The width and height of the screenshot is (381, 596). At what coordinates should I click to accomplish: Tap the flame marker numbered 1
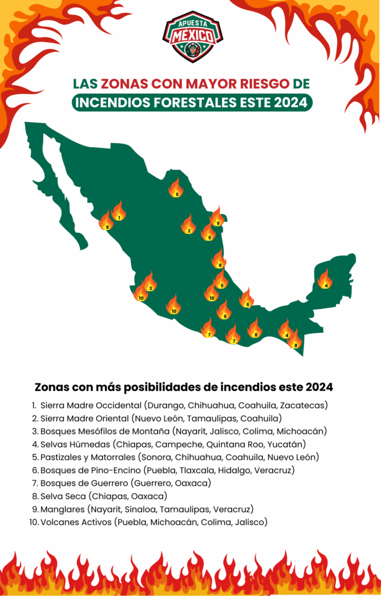pyautogui.click(x=119, y=212)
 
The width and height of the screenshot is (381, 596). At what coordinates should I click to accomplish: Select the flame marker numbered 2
pyautogui.click(x=188, y=225)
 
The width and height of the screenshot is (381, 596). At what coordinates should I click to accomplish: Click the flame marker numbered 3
pyautogui.click(x=150, y=282)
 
